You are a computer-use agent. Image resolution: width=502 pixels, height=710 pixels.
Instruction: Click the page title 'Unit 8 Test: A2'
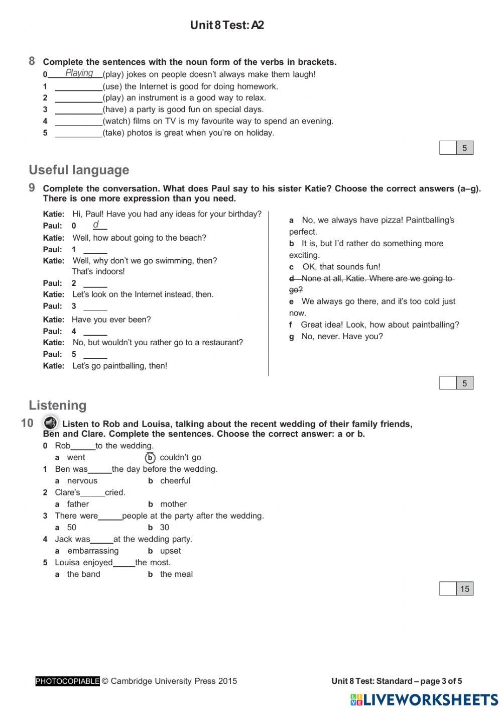(x=227, y=25)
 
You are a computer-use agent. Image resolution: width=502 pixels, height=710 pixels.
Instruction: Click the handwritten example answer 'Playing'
(x=79, y=73)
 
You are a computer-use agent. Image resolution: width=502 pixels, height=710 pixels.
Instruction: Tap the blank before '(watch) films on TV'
(x=78, y=122)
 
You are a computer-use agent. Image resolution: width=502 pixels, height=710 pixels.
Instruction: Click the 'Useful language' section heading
(x=79, y=170)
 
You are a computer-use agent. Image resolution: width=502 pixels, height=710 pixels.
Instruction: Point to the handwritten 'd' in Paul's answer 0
(x=96, y=225)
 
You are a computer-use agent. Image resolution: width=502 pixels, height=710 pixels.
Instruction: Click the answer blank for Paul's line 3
(x=95, y=307)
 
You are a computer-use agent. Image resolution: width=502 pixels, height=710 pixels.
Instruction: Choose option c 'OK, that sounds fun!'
(x=341, y=267)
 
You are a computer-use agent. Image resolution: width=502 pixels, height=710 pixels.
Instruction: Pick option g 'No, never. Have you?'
(x=341, y=337)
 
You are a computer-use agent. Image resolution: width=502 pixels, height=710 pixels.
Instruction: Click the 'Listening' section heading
(x=57, y=405)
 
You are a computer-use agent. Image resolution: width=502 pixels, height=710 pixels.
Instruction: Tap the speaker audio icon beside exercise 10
(x=50, y=423)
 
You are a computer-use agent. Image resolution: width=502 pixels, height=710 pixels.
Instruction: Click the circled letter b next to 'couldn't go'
(x=150, y=458)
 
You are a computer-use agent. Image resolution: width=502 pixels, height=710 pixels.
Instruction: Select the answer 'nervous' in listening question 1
(x=82, y=481)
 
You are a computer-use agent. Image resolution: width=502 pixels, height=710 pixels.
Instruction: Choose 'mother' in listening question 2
(x=173, y=504)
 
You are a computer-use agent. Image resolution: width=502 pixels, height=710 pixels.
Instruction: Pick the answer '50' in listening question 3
(x=72, y=528)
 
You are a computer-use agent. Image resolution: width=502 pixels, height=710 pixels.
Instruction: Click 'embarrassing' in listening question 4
(x=93, y=551)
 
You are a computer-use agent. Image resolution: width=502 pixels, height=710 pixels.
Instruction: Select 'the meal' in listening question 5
(x=176, y=574)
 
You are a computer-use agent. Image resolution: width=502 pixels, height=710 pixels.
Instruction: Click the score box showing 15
(x=464, y=589)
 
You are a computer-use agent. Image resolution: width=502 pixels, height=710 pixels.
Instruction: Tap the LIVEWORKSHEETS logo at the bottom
(x=424, y=700)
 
